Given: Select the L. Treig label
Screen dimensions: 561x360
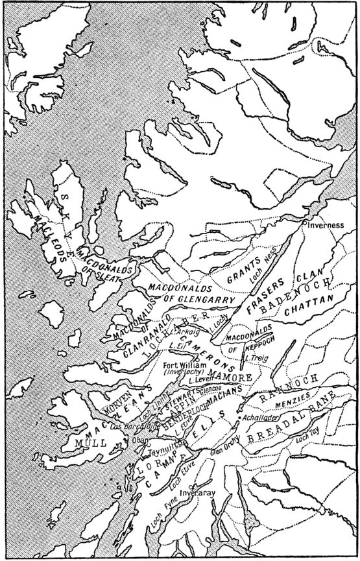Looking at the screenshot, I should tap(256, 357).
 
